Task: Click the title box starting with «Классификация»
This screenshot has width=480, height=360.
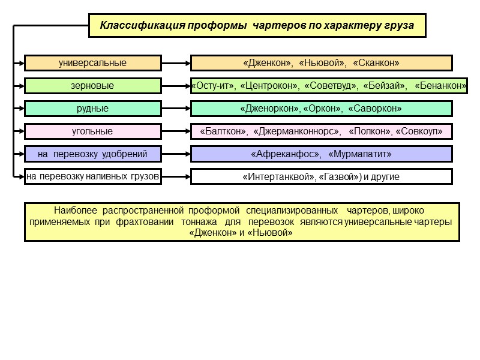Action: [x=257, y=26]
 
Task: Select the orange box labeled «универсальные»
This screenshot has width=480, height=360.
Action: [x=92, y=63]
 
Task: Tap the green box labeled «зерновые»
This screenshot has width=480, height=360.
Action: [x=92, y=86]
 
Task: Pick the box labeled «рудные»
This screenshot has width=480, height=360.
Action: [x=92, y=109]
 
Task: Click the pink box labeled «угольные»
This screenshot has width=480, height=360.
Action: [x=92, y=131]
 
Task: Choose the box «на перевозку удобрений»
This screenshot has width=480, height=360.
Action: [x=92, y=154]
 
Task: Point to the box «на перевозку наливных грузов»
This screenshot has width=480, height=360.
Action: [x=92, y=176]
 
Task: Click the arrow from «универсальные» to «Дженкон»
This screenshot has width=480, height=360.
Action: [x=176, y=63]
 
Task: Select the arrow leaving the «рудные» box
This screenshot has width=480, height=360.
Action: [x=176, y=109]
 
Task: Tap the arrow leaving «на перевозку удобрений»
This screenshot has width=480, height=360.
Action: [x=176, y=154]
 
